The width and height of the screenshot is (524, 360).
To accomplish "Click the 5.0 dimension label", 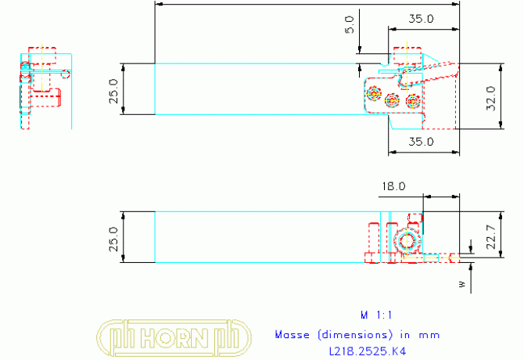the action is point(350,25).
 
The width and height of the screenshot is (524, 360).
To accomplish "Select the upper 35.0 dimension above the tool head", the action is point(421,19).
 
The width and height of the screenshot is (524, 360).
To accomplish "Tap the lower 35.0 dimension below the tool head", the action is point(421,142).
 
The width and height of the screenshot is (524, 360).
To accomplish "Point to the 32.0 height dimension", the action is point(491,99).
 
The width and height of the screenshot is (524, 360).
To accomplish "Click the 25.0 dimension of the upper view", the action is point(113,92).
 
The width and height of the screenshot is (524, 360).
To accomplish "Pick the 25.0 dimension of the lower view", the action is point(113,239).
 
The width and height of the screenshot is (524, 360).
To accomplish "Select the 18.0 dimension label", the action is point(393,186).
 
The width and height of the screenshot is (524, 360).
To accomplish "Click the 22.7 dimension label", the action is point(491,236).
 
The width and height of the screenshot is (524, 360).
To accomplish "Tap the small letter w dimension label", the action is point(462,284).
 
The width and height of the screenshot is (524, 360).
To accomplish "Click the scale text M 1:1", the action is point(376,315).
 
